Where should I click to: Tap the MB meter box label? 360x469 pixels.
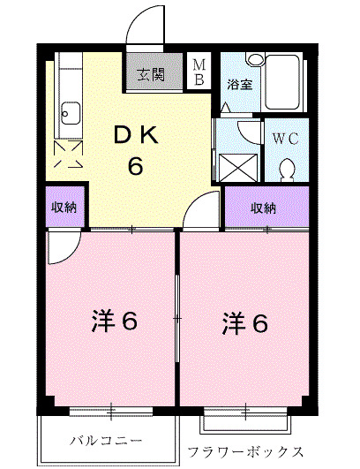tap(199, 72)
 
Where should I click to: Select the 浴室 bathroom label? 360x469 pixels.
tap(239, 86)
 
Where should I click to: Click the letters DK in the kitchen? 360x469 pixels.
tap(135, 136)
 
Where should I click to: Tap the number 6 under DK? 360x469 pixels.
tap(135, 165)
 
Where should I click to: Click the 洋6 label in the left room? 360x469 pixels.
tap(114, 321)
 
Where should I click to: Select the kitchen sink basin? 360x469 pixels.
tap(70, 112)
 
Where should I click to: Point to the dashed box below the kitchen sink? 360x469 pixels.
tap(70, 155)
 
